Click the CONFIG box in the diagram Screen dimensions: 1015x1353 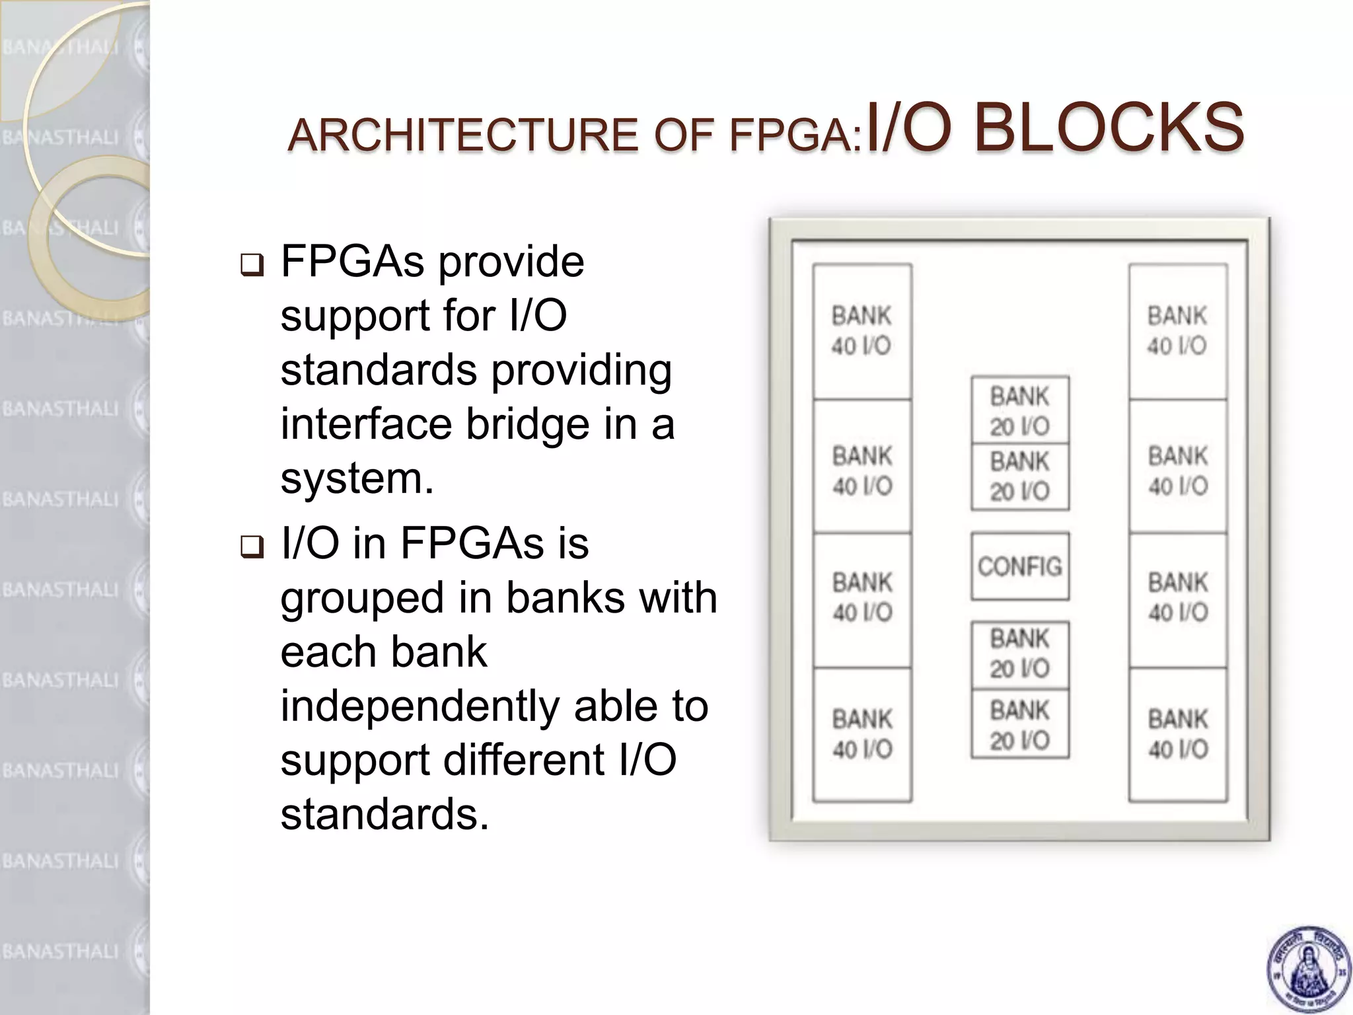(1019, 566)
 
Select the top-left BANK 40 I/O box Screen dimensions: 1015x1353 (861, 331)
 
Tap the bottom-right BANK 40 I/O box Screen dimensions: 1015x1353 (1177, 734)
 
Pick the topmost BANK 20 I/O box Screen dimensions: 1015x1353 (1019, 410)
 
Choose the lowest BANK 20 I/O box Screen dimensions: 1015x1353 (1019, 725)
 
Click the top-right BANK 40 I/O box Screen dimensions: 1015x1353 (1177, 331)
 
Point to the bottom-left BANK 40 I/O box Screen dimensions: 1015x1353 (861, 734)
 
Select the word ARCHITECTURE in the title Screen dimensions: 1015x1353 (462, 135)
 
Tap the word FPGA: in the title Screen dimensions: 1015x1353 (795, 136)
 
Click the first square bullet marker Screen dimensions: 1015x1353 (252, 265)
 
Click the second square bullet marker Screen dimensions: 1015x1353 (252, 546)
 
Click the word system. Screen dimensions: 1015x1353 (357, 478)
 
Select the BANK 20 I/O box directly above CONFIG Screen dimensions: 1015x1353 (1019, 476)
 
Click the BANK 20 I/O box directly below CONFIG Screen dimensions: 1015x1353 (1019, 654)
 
